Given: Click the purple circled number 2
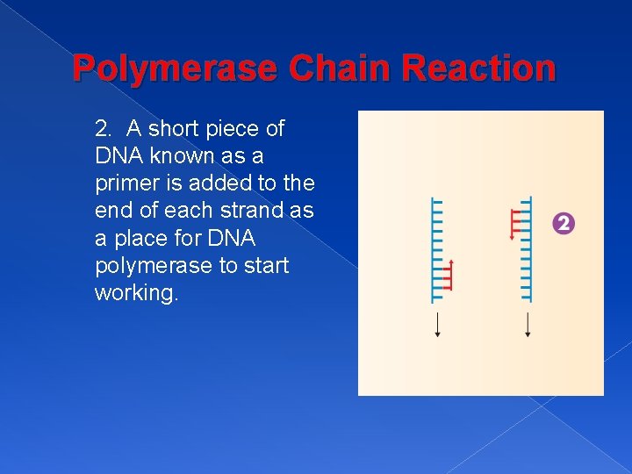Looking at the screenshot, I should click(x=564, y=224).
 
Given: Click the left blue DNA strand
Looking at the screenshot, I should click(x=436, y=237).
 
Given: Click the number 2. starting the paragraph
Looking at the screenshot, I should click(x=104, y=129).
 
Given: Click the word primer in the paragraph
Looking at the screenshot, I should click(x=124, y=183).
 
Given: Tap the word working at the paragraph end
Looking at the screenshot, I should click(x=136, y=292).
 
